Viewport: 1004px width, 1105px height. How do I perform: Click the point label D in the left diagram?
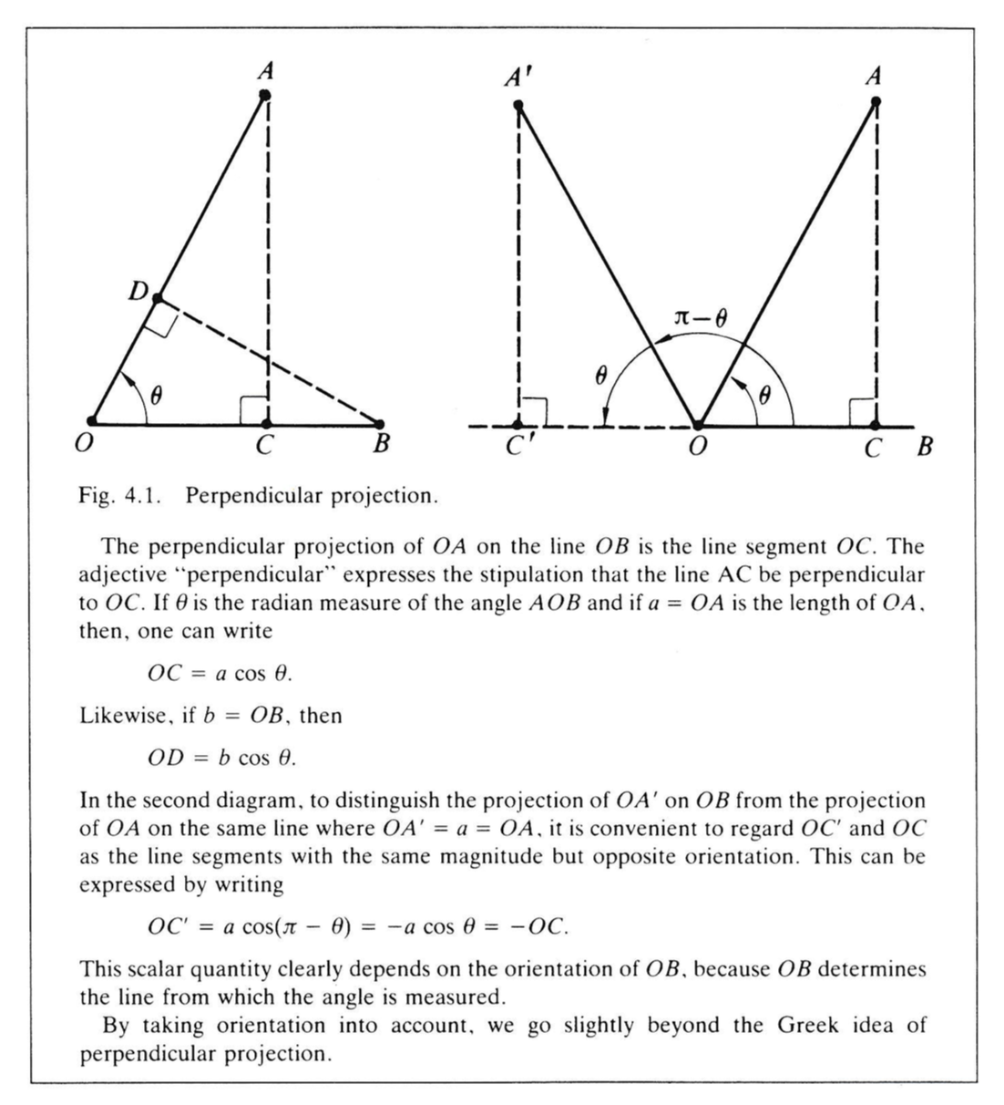click(138, 291)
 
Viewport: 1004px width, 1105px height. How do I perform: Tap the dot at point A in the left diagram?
click(265, 95)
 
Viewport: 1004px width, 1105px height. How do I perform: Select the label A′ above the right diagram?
click(516, 77)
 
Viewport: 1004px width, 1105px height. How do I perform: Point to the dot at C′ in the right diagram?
click(518, 425)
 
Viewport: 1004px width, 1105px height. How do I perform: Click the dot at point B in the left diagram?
click(380, 424)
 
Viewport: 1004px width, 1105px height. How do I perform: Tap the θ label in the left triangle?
click(156, 396)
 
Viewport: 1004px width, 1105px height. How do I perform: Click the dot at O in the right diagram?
click(697, 425)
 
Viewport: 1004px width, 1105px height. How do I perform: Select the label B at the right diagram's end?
click(924, 448)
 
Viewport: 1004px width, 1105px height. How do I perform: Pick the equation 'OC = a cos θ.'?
click(220, 674)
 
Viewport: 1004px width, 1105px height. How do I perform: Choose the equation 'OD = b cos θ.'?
click(222, 758)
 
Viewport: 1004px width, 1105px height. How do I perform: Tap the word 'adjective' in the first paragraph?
click(119, 575)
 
